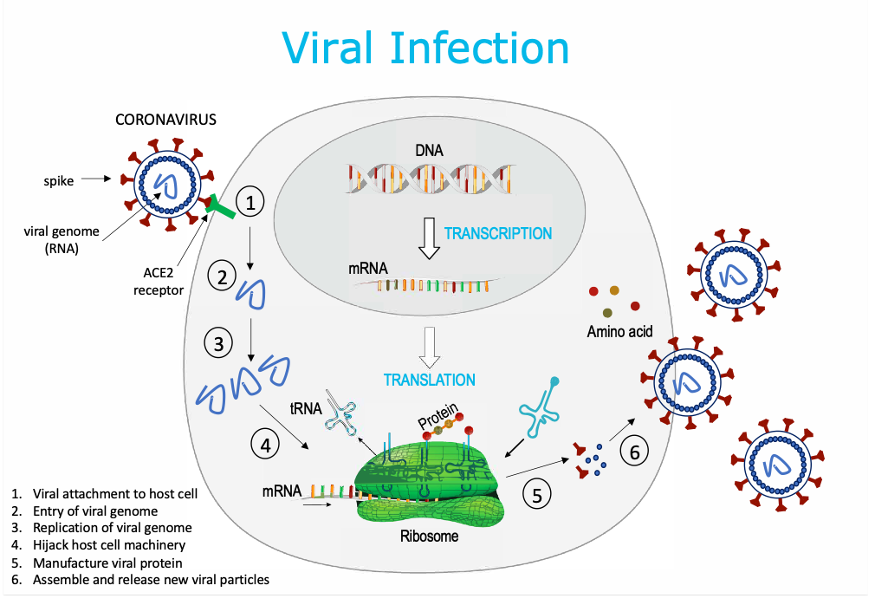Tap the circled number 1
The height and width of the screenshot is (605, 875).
[250, 203]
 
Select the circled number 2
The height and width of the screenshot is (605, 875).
[222, 276]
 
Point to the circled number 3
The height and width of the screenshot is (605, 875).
[218, 344]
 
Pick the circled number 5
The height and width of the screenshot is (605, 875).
[536, 495]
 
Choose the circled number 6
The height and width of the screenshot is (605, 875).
[634, 452]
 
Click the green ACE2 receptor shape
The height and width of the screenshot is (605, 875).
[220, 209]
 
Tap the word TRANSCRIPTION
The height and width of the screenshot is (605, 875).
[497, 233]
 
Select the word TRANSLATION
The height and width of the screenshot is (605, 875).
[430, 380]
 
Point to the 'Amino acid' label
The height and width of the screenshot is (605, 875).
[619, 331]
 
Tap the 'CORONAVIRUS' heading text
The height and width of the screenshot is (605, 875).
[166, 120]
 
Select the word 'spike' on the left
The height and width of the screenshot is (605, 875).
[59, 181]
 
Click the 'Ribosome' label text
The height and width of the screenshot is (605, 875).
[429, 536]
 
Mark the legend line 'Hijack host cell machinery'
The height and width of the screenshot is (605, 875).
[109, 545]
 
